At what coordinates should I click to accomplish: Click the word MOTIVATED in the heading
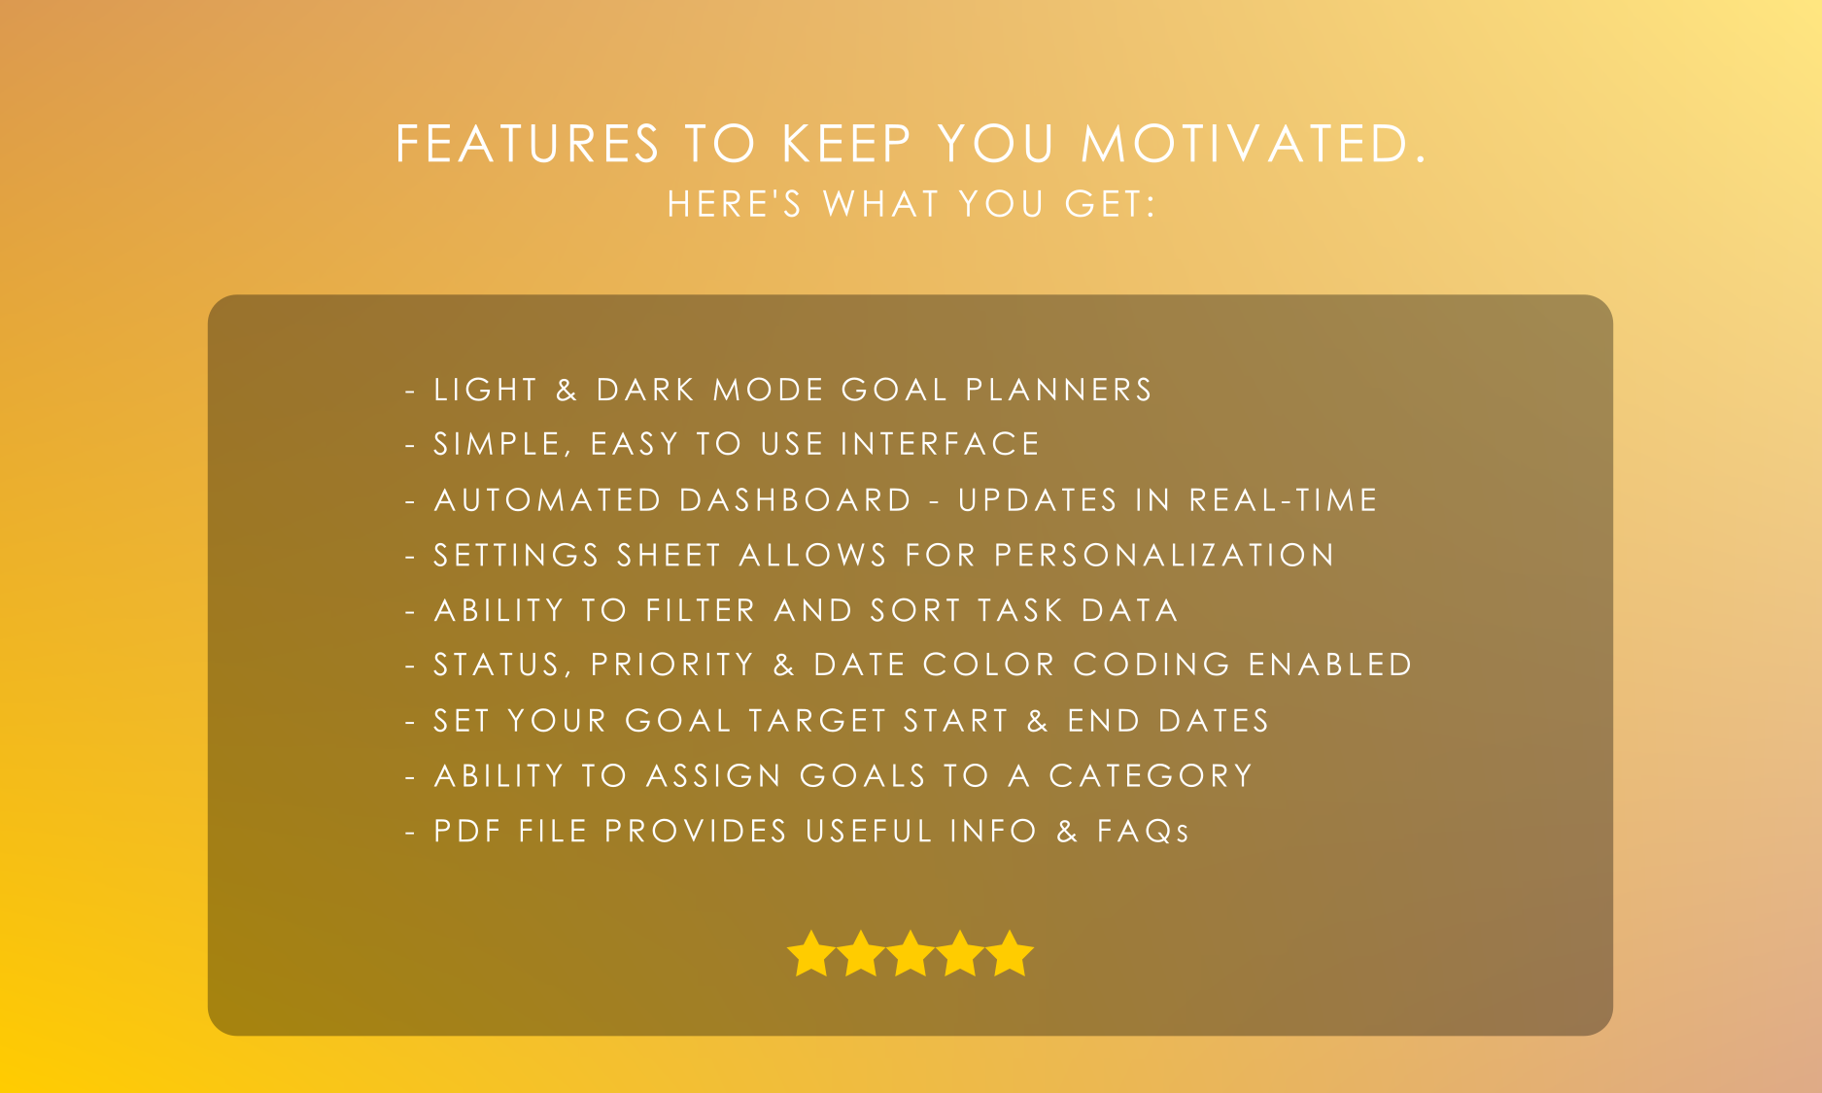(1254, 144)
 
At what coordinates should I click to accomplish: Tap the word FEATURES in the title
(528, 144)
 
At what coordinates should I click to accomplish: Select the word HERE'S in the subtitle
(735, 204)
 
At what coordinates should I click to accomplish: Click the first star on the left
(810, 953)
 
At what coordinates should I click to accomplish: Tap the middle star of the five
(911, 953)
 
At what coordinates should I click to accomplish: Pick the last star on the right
(1011, 953)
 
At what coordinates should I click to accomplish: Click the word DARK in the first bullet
(646, 390)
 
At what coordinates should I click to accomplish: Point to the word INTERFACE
(941, 444)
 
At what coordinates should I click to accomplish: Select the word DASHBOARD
(795, 499)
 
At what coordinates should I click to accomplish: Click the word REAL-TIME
(1284, 499)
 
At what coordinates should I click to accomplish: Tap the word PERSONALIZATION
(1164, 555)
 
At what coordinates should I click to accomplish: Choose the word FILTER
(701, 610)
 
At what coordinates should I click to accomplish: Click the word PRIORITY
(672, 665)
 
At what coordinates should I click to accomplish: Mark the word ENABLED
(1330, 665)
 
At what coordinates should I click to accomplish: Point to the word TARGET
(818, 720)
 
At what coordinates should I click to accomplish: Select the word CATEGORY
(1152, 775)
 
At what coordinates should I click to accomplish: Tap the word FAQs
(1143, 831)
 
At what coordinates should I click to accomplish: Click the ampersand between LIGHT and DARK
(567, 390)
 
